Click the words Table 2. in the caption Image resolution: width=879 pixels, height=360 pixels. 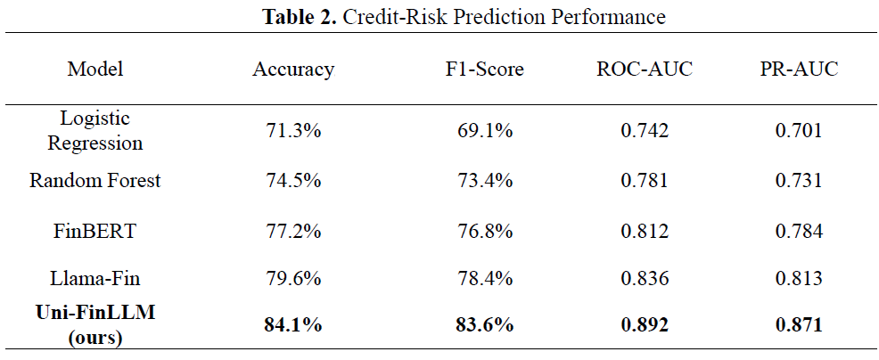(x=299, y=17)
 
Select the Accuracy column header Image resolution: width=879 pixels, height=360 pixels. (x=293, y=69)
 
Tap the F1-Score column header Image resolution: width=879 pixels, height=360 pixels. (x=482, y=69)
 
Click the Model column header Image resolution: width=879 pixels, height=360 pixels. (x=95, y=69)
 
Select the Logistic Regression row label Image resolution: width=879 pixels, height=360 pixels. (x=94, y=131)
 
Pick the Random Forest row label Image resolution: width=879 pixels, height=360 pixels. (x=94, y=180)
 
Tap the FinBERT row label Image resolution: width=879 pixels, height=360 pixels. (x=94, y=231)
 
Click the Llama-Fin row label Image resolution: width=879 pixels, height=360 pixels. (x=94, y=278)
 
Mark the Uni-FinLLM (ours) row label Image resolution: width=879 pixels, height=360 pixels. (x=94, y=325)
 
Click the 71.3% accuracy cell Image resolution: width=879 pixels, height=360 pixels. (x=293, y=131)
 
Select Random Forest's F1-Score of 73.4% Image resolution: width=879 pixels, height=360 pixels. (x=484, y=181)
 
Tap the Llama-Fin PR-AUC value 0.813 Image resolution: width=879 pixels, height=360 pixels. (x=799, y=279)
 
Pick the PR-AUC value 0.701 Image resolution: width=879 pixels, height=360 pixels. (x=799, y=131)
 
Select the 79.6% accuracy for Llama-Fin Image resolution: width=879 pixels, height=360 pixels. (x=293, y=279)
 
